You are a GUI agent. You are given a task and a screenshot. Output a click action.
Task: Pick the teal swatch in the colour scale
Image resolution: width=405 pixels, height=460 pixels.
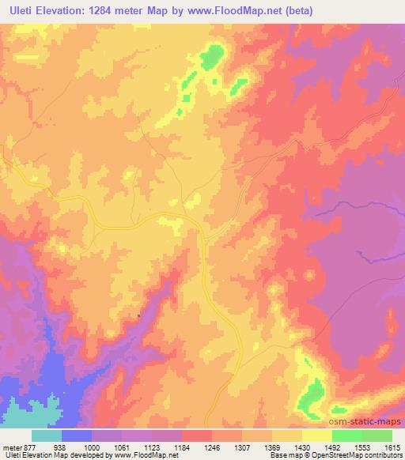(x=46, y=435)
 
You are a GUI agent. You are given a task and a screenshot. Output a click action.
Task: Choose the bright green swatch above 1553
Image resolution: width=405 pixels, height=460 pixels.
(x=347, y=435)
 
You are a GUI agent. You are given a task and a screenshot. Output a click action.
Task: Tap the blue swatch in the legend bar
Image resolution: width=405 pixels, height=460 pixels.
(x=77, y=435)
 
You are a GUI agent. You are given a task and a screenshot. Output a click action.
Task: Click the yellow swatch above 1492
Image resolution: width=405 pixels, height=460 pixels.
(x=317, y=435)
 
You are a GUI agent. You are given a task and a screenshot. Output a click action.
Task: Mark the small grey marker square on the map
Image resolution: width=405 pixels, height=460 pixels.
(x=139, y=315)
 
